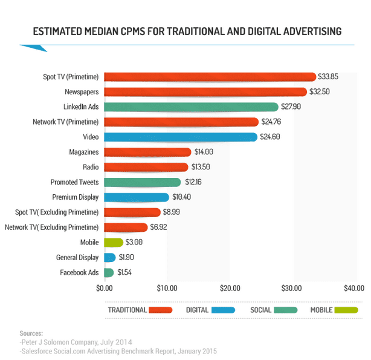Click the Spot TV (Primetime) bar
[210, 77]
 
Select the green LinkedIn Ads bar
[191, 107]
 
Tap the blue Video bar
[181, 137]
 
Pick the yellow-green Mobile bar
[114, 243]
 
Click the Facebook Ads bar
[109, 272]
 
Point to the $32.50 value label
[320, 92]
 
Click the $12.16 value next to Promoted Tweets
[193, 182]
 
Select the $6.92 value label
[158, 227]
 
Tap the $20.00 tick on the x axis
[230, 288]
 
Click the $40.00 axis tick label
[354, 288]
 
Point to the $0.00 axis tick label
[105, 288]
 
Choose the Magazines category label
[84, 152]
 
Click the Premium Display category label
[76, 197]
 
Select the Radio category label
[91, 167]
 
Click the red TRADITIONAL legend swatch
[160, 310]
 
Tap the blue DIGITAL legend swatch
[223, 310]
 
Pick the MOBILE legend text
[321, 310]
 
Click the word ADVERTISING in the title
[312, 31]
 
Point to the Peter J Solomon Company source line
[76, 342]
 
